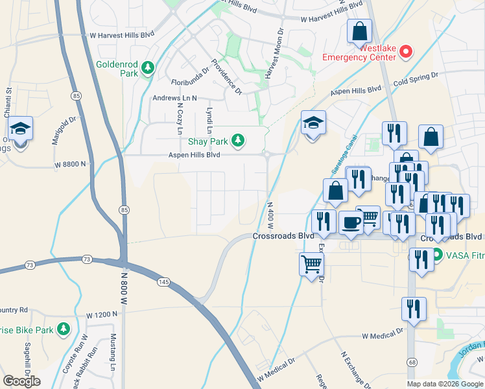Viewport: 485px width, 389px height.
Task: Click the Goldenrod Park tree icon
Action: point(148,67)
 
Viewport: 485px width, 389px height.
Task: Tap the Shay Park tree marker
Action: point(239,140)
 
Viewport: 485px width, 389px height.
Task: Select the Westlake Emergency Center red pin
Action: point(406,51)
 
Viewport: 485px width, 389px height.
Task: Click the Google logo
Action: point(21,381)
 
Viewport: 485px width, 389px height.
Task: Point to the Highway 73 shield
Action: point(30,265)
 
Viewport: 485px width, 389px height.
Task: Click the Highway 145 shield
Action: point(163,281)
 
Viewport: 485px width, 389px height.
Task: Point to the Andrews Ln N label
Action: point(174,98)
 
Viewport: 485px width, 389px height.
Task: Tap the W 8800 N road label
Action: point(70,165)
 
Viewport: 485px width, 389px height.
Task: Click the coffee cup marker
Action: point(351,222)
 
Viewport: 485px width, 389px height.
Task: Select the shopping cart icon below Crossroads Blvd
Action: point(311,264)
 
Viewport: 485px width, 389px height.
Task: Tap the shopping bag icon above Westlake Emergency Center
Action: point(359,31)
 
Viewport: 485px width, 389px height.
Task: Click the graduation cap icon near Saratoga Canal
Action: point(313,123)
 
